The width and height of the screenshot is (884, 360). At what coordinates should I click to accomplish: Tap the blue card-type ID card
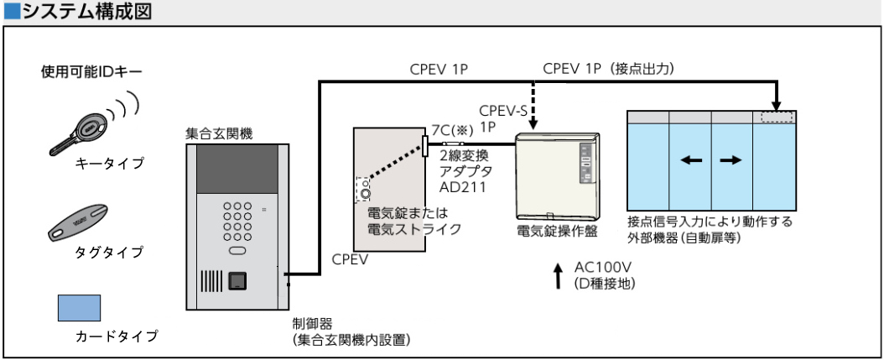(79, 308)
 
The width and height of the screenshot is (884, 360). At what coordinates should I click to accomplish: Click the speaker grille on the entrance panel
(212, 282)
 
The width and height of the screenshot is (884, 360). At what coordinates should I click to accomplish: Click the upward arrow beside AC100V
(558, 274)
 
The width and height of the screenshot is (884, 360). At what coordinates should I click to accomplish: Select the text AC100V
(599, 267)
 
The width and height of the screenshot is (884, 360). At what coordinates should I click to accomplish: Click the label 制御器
(309, 323)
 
